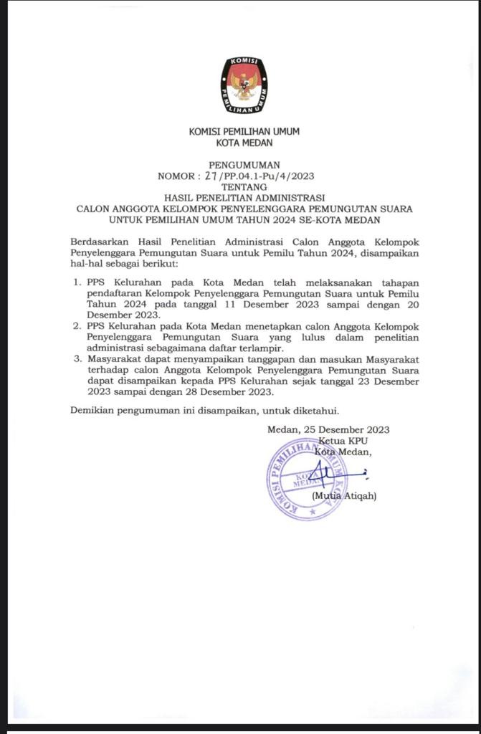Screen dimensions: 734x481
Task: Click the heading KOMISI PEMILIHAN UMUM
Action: tap(244, 131)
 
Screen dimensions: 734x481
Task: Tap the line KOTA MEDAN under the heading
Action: tap(244, 143)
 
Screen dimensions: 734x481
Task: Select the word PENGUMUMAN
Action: tap(244, 165)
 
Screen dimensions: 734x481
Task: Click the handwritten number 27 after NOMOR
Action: tap(210, 176)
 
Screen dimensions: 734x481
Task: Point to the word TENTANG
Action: tap(244, 186)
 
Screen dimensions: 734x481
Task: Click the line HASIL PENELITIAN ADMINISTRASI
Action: tap(244, 197)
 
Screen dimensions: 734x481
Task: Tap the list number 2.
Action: tap(77, 327)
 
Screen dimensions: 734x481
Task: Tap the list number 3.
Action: tap(77, 359)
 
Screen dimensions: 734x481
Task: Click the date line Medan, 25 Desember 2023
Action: tap(328, 429)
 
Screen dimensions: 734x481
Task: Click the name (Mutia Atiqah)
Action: tap(344, 496)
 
